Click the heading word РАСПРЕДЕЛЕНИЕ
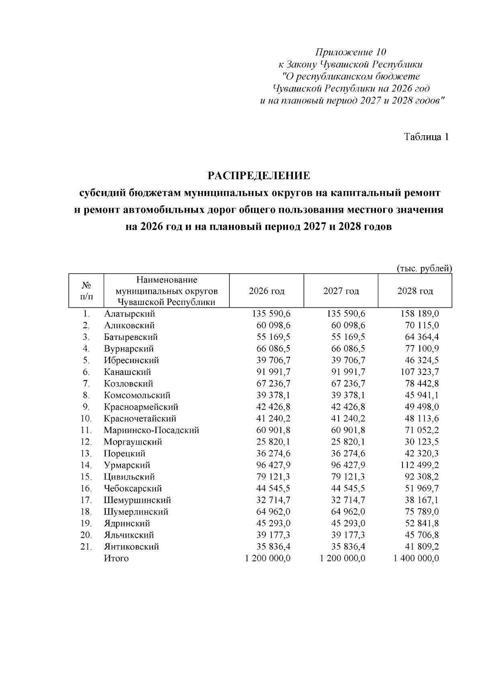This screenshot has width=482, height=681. pyautogui.click(x=259, y=176)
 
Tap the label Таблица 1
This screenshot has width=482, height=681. pyautogui.click(x=426, y=137)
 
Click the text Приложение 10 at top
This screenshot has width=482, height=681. pyautogui.click(x=351, y=52)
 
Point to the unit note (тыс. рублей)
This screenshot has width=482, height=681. pyautogui.click(x=424, y=268)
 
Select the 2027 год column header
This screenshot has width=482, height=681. pyautogui.click(x=341, y=291)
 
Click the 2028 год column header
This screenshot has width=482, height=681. pyautogui.click(x=415, y=291)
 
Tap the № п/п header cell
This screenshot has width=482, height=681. pyautogui.click(x=86, y=291)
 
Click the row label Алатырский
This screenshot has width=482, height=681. pyautogui.click(x=129, y=314)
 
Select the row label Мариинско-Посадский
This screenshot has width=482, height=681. pyautogui.click(x=151, y=430)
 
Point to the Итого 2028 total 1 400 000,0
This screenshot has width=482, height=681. pyautogui.click(x=417, y=558)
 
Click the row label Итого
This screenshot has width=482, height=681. pyautogui.click(x=116, y=558)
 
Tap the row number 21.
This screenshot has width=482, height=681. pyautogui.click(x=86, y=547)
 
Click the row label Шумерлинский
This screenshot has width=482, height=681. pyautogui.click(x=136, y=512)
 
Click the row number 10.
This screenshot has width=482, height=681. pyautogui.click(x=86, y=419)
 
